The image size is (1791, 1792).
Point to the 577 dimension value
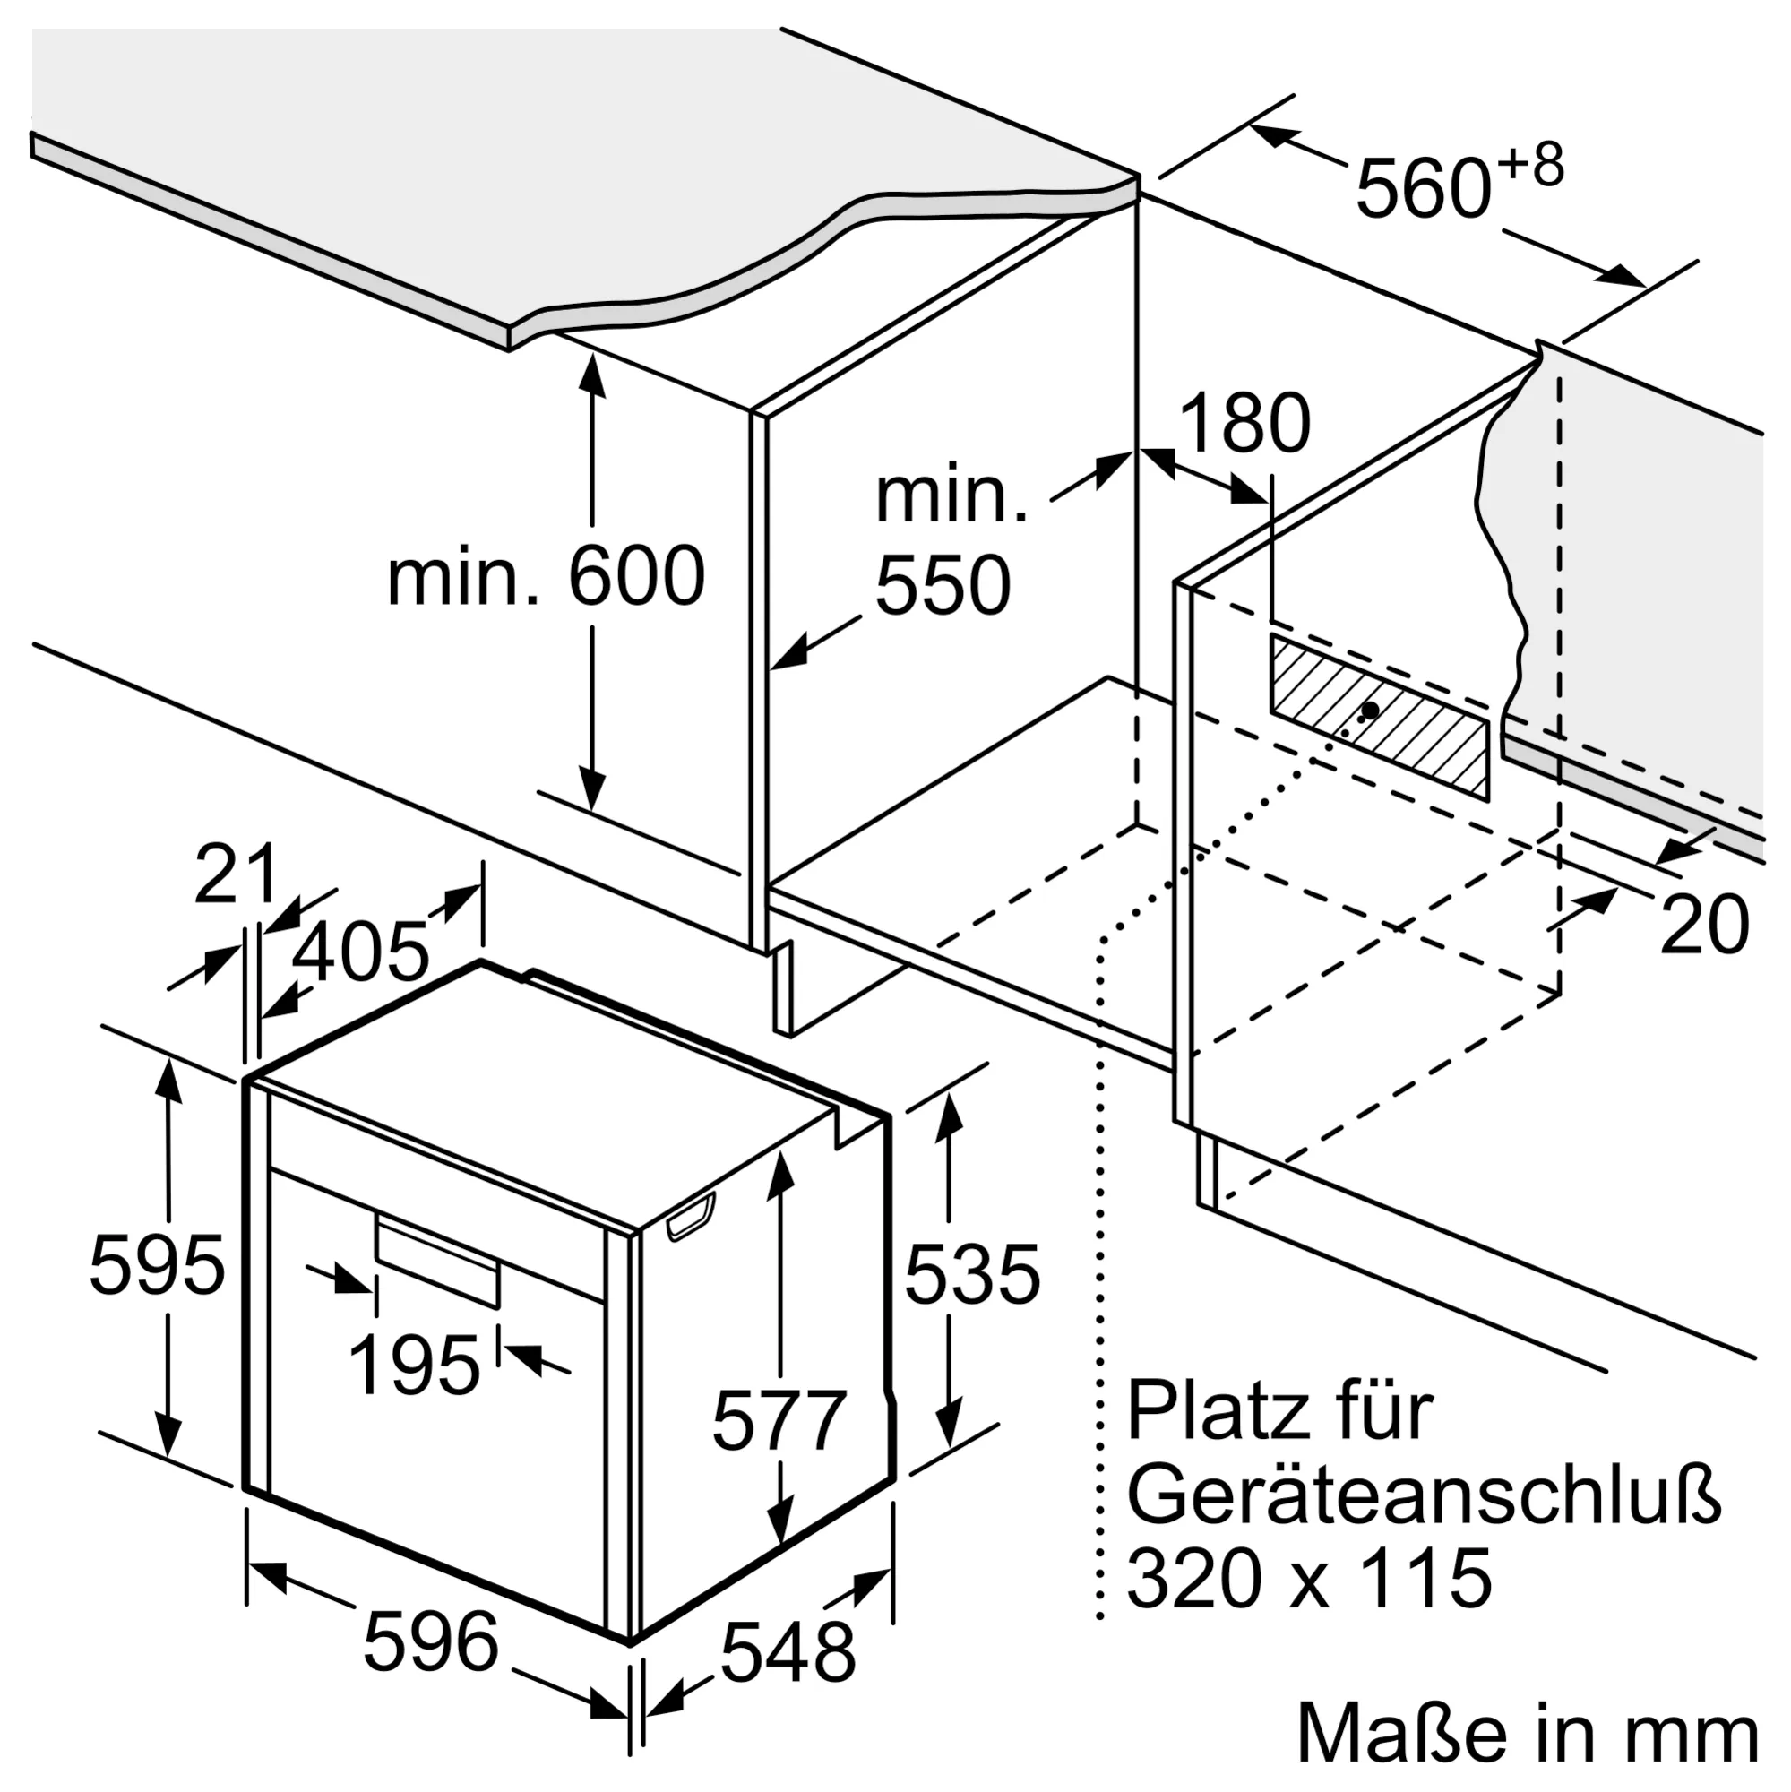tap(779, 1419)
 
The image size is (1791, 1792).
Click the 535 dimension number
tap(972, 1276)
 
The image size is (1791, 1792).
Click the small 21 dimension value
tap(236, 874)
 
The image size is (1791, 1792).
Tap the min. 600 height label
tap(546, 577)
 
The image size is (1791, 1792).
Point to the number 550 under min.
tap(943, 585)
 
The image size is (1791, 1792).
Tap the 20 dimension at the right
tap(1703, 925)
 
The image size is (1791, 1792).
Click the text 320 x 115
tap(1309, 1578)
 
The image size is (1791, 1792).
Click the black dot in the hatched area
tap(1370, 711)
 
